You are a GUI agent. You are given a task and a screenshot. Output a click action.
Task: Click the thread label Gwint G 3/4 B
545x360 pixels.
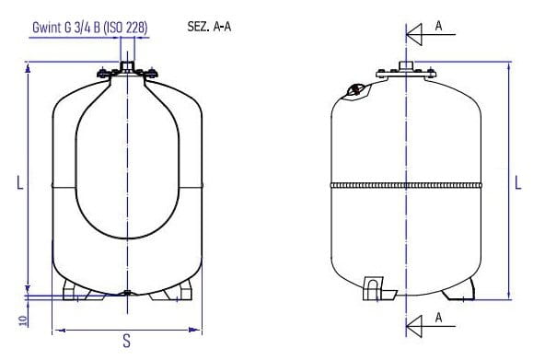66,28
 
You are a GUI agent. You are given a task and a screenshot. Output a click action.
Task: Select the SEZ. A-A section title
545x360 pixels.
209,27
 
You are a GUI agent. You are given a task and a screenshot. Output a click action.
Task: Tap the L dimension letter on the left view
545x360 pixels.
20,182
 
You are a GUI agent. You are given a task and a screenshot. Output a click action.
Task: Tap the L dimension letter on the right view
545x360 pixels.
518,182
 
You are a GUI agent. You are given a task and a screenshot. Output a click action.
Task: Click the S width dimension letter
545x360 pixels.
127,341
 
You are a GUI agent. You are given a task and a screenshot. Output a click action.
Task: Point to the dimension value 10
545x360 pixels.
23,320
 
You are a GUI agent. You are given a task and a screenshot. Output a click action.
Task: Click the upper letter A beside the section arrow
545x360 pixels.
438,26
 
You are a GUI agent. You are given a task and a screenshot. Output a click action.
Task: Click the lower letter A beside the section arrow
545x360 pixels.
438,318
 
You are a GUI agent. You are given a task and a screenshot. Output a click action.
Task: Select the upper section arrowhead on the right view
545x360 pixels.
414,35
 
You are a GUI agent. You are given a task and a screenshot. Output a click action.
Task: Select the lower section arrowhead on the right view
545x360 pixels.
414,326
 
